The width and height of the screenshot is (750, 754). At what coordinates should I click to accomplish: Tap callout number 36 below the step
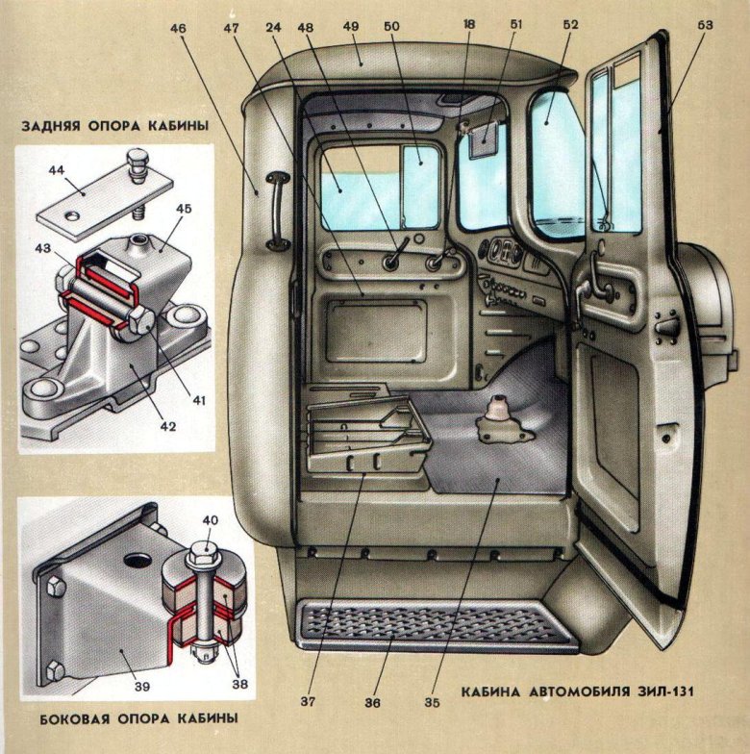pos(374,703)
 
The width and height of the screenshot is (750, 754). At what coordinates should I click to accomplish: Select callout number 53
pos(705,27)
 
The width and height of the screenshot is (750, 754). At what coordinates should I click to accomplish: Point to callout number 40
pos(211,520)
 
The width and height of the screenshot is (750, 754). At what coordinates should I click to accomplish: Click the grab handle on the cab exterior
pos(276,212)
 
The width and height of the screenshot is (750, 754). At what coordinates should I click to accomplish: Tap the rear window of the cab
pos(379,184)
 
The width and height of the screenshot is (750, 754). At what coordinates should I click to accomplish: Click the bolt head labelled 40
pos(205,552)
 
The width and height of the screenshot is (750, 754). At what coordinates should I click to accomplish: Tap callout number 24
pos(276,27)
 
